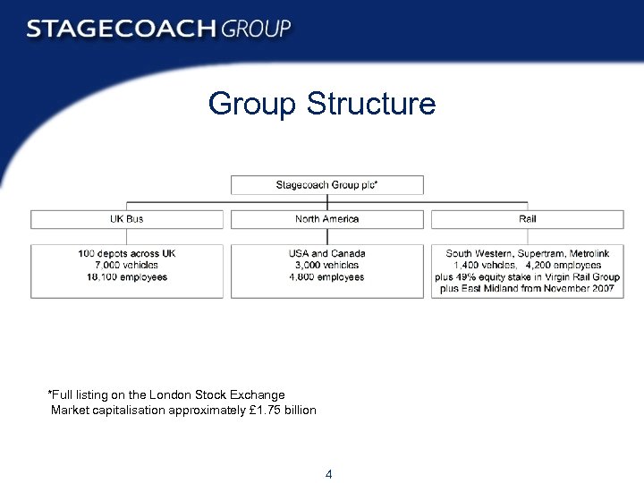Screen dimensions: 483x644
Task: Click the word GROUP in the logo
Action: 256,29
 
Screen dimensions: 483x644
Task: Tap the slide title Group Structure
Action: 322,104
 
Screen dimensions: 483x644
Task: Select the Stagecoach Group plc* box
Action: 327,185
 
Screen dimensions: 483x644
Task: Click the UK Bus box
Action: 126,219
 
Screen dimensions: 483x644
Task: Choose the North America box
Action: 327,219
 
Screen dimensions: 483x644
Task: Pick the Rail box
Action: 528,219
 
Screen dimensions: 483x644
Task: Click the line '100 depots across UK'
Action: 126,253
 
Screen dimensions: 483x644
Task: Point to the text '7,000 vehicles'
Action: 126,265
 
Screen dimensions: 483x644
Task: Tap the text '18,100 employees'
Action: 126,277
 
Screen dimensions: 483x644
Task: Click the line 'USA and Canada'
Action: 327,253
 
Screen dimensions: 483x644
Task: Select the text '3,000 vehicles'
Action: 327,265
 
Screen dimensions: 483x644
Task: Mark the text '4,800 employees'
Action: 327,277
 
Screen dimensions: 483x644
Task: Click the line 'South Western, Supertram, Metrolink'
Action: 528,253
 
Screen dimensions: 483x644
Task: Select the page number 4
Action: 329,474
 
